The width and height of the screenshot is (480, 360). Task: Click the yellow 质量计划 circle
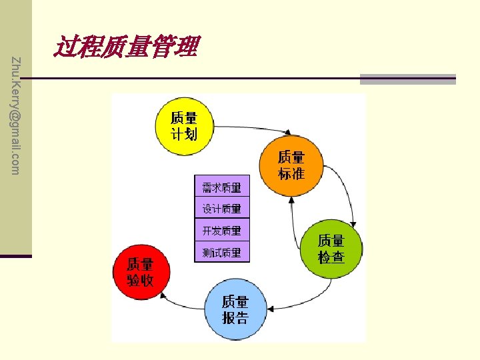pos(184,127)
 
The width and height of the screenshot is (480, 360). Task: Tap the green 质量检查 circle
pos(332,248)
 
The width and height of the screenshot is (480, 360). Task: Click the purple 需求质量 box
pos(222,187)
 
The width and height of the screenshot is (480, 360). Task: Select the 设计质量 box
pos(222,208)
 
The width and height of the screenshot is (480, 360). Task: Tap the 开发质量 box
pos(222,230)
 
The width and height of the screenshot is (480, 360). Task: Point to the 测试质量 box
pos(222,253)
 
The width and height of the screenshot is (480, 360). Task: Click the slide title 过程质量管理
pos(127,47)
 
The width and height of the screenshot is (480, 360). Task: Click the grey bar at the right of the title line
pos(407,79)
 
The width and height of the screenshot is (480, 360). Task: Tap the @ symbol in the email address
pos(16,114)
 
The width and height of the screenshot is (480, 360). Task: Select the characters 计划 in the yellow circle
pos(184,134)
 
